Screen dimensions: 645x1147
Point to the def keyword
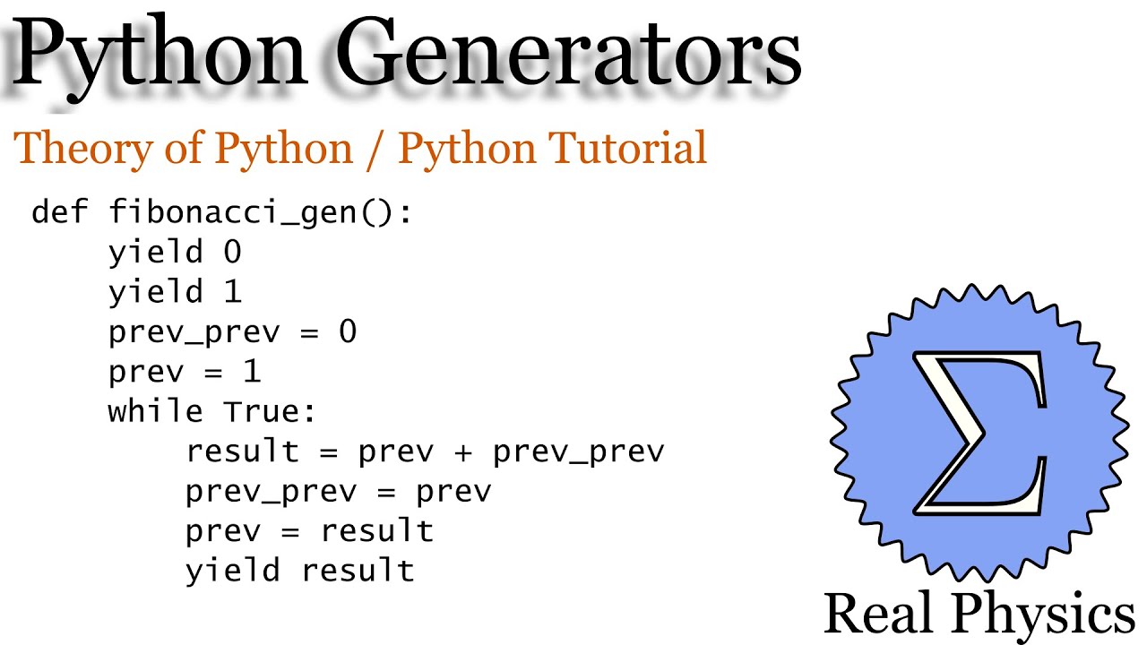[60, 213]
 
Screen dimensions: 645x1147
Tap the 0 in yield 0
[232, 253]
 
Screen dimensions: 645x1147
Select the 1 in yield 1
[232, 292]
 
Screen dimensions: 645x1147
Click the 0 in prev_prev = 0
[348, 332]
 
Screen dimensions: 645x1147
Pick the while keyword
[156, 411]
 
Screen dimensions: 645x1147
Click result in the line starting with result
[242, 451]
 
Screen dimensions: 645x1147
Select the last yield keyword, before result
[233, 571]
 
